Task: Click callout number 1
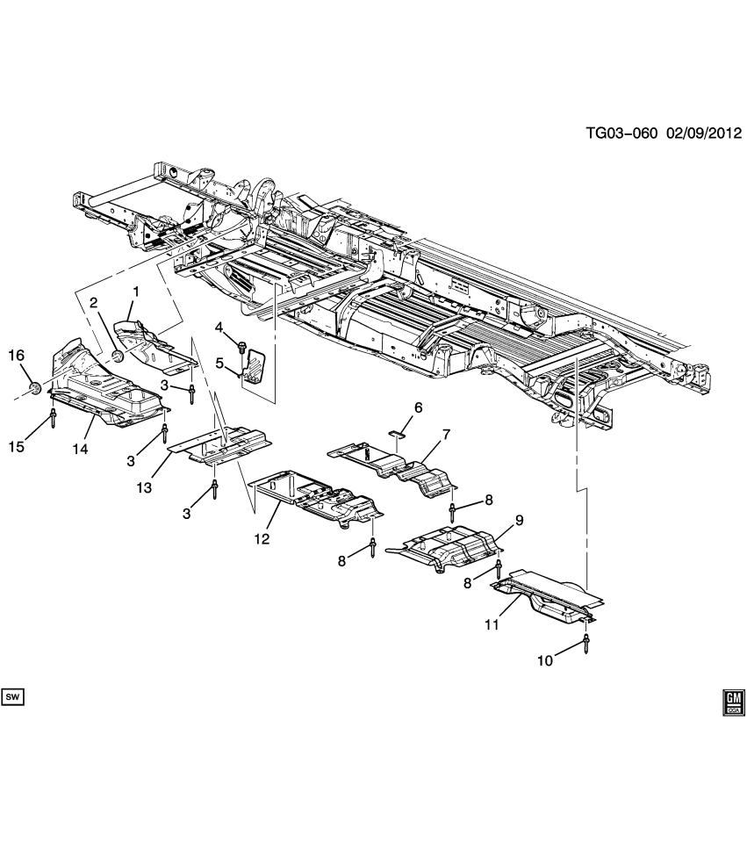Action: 136,291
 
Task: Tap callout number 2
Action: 93,303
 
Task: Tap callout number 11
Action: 491,624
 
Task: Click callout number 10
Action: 545,660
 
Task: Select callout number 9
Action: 519,521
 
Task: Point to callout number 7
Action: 445,434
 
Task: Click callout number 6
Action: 418,407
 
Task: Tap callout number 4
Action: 220,328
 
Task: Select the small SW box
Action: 12,697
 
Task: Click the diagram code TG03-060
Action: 621,134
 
